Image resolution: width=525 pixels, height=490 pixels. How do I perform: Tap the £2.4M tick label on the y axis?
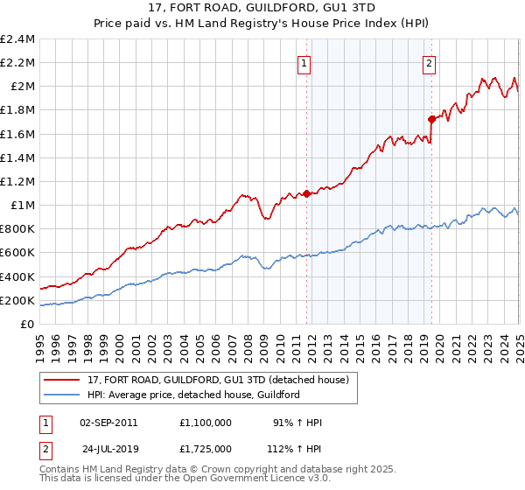[17, 39]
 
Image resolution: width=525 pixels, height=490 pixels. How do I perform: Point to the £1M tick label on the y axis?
[23, 205]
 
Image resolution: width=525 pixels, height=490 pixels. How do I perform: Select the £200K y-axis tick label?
[17, 300]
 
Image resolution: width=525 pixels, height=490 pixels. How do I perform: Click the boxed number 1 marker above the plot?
[304, 62]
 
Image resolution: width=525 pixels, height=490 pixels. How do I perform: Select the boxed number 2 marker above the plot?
[430, 62]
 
